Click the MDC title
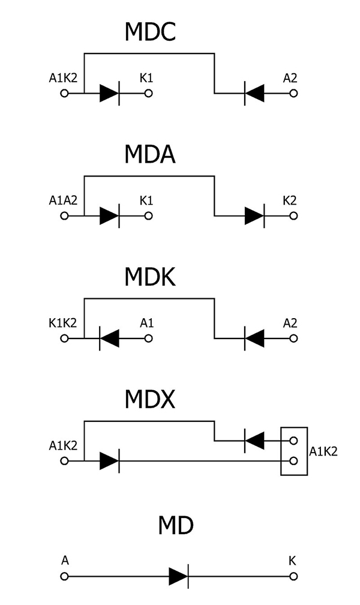pos(150,31)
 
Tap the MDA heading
pos(150,154)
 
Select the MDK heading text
pos(150,277)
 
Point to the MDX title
pos(150,399)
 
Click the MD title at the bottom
pos(176,526)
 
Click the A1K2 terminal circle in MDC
pos(65,94)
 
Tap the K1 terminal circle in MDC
pos(149,94)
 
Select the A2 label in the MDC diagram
pos(290,78)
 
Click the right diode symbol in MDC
pos(254,94)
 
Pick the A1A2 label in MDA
pos(64,200)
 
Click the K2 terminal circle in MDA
pos(293,216)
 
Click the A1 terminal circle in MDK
pos(149,339)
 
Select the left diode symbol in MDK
pos(109,339)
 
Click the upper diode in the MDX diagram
pos(254,442)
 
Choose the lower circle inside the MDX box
pos(293,461)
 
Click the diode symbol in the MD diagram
pos(179,576)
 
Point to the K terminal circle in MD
pos(293,576)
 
